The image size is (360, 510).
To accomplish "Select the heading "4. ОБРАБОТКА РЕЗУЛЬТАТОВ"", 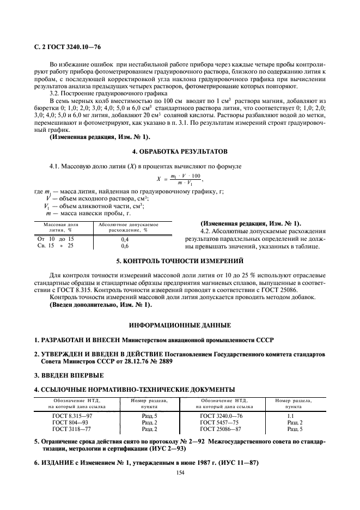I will tap(180, 150).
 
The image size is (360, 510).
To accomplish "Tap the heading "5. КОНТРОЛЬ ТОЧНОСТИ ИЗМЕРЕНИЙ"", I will tap(180, 261).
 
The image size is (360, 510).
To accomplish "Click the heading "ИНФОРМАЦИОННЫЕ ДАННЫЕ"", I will tap(180, 325).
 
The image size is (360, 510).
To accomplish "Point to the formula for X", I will tap(180, 178).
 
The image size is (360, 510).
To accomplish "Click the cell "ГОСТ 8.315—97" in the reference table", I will tap(71, 415).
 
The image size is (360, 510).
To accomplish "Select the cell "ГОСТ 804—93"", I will tap(68, 422).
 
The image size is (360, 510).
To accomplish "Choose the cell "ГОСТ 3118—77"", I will tap(69, 428).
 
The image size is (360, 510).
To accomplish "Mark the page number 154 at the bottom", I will tap(180, 472).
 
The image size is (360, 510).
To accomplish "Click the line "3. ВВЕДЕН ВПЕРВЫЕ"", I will tap(69, 375).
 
